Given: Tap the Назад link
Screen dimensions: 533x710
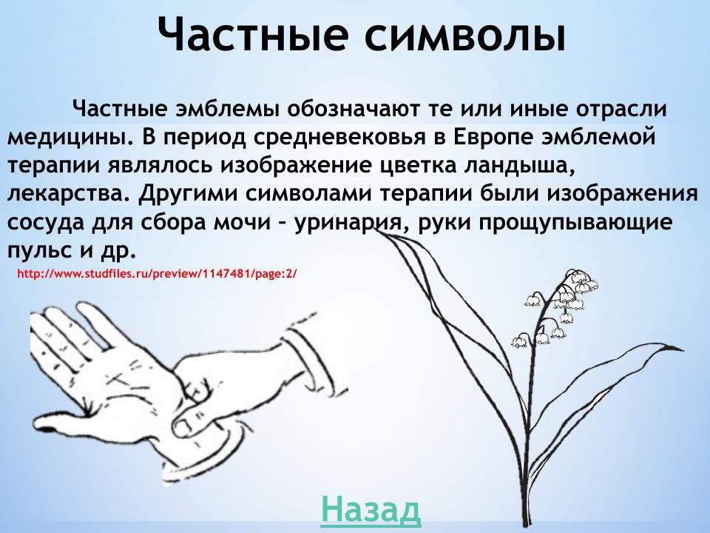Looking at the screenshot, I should (x=371, y=510).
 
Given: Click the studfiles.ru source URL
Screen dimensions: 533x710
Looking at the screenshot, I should (x=156, y=273).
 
